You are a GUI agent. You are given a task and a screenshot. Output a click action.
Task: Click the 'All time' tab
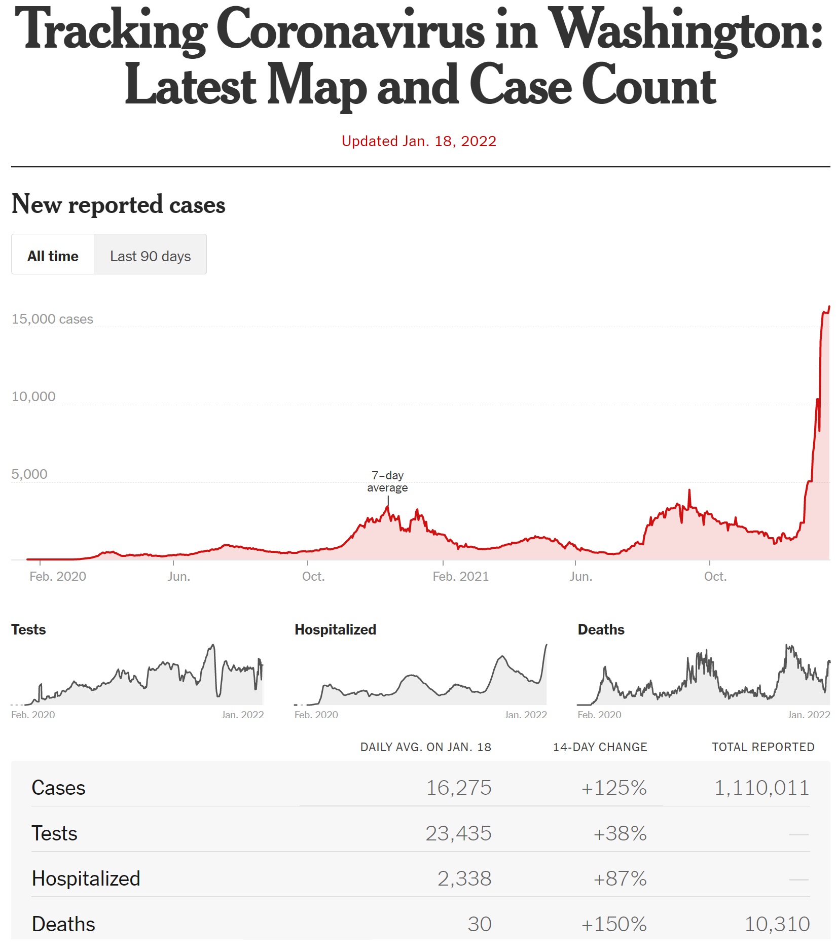53,256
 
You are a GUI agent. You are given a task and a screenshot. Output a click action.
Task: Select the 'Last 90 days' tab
150,256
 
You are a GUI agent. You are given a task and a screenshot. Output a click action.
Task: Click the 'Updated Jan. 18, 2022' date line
419,141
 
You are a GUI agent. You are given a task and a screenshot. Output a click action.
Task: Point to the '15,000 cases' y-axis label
52,319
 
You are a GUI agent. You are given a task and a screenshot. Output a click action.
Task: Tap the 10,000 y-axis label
33,397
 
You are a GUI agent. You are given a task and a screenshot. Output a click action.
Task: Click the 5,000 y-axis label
29,474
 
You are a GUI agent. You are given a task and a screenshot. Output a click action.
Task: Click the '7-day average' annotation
387,481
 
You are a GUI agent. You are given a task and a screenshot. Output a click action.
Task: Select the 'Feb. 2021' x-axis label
460,576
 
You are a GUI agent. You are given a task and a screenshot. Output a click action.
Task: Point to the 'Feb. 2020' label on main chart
58,576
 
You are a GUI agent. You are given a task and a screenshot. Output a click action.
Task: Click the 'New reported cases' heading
118,204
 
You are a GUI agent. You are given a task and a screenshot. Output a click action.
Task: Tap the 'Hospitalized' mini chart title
335,629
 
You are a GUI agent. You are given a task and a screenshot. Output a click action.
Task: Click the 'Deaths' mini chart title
601,629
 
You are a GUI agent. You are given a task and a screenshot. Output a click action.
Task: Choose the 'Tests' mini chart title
28,629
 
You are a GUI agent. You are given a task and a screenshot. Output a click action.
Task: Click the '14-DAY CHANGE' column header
600,747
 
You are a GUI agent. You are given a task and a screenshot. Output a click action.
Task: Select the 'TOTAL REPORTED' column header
762,747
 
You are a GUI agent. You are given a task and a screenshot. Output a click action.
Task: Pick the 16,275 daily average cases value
458,788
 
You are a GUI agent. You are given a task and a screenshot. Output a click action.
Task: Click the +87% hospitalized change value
620,878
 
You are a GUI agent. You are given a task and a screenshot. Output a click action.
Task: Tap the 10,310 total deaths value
777,924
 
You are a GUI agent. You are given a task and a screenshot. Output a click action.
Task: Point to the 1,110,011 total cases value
761,788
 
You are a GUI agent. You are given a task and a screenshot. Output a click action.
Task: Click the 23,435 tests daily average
458,833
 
